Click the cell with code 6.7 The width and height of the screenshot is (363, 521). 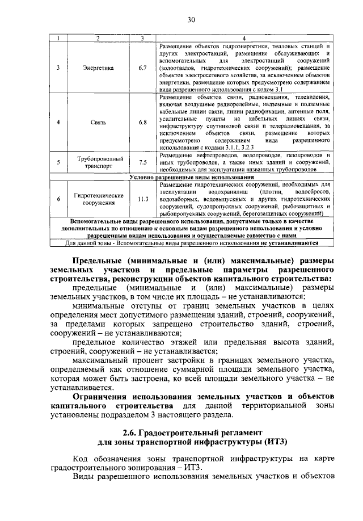[143, 68]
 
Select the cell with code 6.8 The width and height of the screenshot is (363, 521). [143, 122]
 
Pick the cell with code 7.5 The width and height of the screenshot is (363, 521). [143, 162]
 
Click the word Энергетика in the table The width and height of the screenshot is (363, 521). [98, 68]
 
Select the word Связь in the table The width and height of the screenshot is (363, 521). [98, 122]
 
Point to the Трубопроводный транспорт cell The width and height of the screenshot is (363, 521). [98, 162]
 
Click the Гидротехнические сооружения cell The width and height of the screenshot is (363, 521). [98, 199]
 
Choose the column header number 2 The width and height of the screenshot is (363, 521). [98, 38]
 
